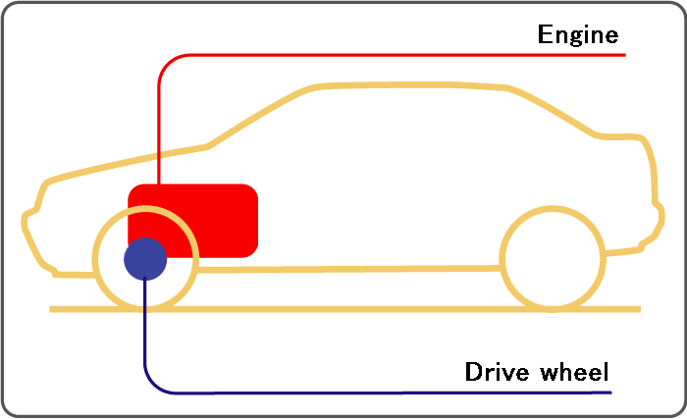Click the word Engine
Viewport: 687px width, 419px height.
(578, 35)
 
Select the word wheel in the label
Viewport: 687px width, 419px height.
(574, 372)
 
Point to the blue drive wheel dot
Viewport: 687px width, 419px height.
(145, 259)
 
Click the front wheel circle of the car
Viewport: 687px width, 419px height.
(94, 259)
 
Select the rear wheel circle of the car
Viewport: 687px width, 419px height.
(502, 259)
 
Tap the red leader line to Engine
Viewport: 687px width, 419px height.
(350, 55)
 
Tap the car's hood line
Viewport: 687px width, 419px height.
(127, 162)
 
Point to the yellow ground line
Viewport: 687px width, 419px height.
(345, 309)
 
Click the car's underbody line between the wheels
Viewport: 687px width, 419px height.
(348, 268)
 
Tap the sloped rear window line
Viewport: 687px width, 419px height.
(552, 111)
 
